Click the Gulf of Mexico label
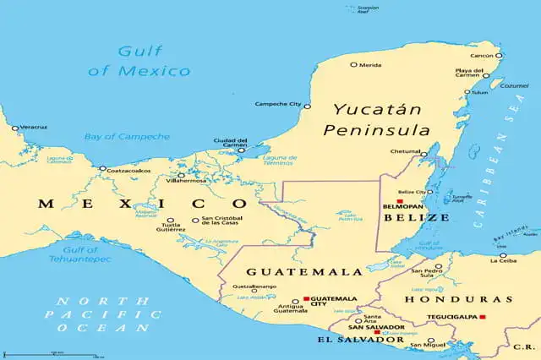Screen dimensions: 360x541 pyautogui.click(x=140, y=60)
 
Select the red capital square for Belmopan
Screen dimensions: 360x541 pyautogui.click(x=400, y=201)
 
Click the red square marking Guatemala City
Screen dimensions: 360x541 pyautogui.click(x=306, y=299)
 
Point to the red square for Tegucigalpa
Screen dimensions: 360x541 pyautogui.click(x=483, y=317)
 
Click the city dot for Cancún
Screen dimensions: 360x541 pyautogui.click(x=499, y=56)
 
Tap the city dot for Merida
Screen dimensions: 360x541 pyautogui.click(x=353, y=64)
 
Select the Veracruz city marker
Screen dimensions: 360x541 pyautogui.click(x=14, y=128)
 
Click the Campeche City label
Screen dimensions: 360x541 pyautogui.click(x=277, y=105)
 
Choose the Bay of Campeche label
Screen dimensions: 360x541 pyautogui.click(x=126, y=136)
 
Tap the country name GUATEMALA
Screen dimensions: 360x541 pyautogui.click(x=292, y=272)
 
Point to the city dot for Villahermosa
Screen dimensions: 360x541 pyautogui.click(x=181, y=175)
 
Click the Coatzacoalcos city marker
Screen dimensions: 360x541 pyautogui.click(x=102, y=168)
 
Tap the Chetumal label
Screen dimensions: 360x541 pyautogui.click(x=405, y=152)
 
